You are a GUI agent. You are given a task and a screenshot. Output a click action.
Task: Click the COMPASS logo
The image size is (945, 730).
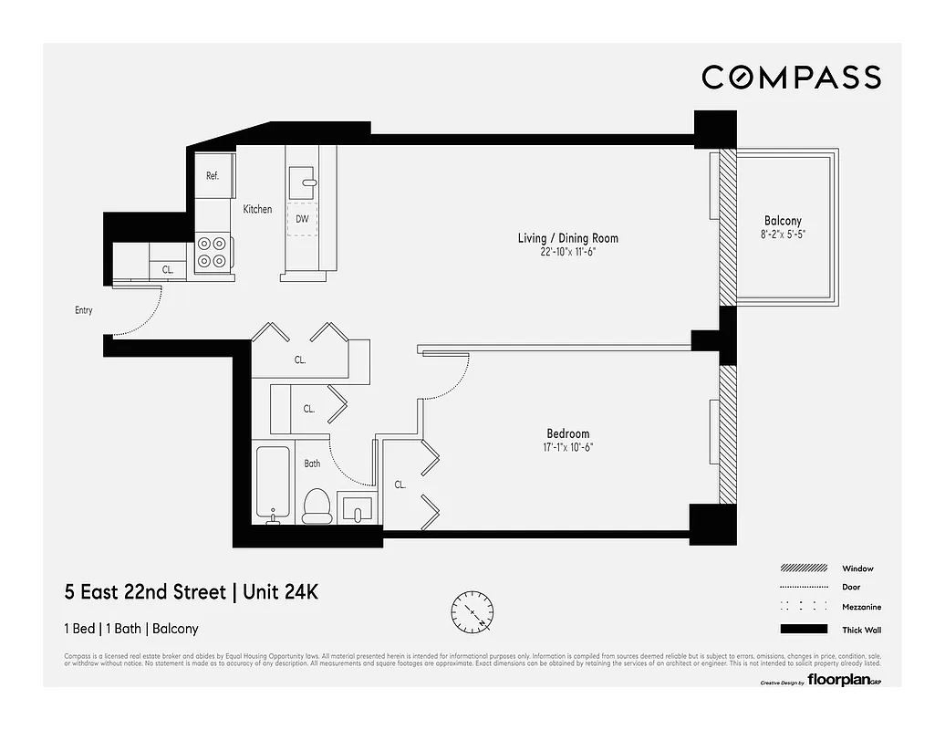[x=791, y=78]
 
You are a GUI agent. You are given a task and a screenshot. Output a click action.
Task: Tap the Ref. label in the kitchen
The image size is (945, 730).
[x=212, y=175]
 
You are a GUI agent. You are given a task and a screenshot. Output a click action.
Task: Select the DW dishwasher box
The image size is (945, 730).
[x=301, y=219]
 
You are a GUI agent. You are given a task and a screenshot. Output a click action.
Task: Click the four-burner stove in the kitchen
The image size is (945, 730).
[x=213, y=253]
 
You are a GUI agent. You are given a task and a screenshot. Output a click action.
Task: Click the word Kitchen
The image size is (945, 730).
[x=257, y=209]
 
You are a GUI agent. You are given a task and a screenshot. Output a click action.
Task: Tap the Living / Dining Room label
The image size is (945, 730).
[x=567, y=238]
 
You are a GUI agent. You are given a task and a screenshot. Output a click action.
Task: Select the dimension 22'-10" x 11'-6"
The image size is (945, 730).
[x=567, y=252]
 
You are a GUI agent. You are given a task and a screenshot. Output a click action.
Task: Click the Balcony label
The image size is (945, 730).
[x=783, y=221]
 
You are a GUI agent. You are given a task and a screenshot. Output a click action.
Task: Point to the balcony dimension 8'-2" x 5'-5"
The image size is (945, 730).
[x=783, y=234]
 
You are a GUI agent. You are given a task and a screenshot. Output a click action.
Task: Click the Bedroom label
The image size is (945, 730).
[x=567, y=433]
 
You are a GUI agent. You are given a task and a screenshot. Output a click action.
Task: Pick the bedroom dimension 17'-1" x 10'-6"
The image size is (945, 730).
[x=567, y=447]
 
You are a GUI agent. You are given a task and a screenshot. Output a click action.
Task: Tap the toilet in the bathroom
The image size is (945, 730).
[x=316, y=506]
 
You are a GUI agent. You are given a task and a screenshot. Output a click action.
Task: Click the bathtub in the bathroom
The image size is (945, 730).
[x=273, y=485]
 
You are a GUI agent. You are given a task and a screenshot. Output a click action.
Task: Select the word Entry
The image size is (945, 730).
[x=84, y=310]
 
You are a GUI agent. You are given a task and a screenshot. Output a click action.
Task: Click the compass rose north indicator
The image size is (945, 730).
[x=473, y=608]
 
